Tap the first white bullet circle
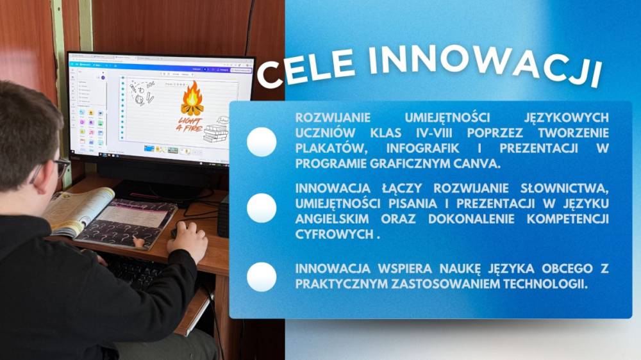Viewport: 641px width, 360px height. pyautogui.click(x=262, y=142)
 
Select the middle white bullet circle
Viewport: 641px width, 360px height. pyautogui.click(x=262, y=208)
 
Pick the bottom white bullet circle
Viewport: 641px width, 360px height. pyautogui.click(x=262, y=277)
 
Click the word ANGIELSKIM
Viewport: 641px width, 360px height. pyautogui.click(x=332, y=218)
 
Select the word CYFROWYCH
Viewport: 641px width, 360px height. pyautogui.click(x=335, y=234)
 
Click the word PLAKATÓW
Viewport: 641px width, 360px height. pyautogui.click(x=331, y=148)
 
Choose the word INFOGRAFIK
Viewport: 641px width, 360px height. pyautogui.click(x=422, y=148)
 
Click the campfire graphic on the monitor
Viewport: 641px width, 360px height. pyautogui.click(x=192, y=99)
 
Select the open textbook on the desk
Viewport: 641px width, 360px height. pyautogui.click(x=110, y=217)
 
